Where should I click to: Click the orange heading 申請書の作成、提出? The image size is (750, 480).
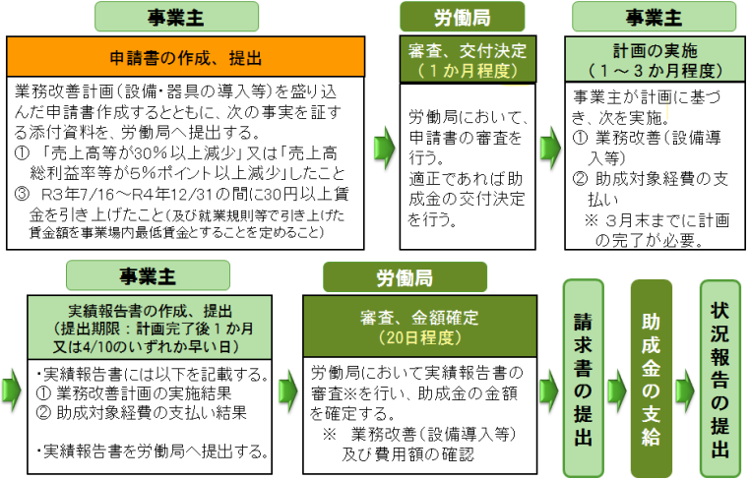186,57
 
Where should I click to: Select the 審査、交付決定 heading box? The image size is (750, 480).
468,59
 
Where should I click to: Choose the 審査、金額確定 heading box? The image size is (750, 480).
419,326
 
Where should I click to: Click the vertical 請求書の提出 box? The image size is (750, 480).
583,378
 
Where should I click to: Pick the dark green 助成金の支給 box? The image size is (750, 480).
651,378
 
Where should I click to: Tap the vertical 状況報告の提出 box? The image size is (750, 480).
719,378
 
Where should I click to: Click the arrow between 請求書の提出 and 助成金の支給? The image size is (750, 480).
617,390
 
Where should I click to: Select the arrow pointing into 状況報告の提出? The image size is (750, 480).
685,390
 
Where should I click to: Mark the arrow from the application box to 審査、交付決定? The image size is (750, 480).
384,148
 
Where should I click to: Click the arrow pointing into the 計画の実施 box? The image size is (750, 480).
550,148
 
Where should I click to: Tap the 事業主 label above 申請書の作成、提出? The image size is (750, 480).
176,17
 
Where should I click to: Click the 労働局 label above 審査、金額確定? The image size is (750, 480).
405,277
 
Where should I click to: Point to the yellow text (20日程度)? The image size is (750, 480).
419,338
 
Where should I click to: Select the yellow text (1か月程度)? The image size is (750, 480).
468,71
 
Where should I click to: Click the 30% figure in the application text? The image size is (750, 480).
144,153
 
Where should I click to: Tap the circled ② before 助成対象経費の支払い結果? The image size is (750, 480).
43,412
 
